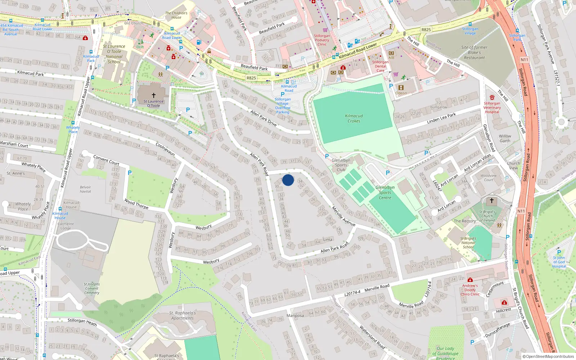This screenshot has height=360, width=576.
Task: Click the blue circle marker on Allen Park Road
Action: (288, 180)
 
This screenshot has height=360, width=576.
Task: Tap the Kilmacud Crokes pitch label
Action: (354, 118)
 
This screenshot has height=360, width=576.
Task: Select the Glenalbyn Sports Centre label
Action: (385, 193)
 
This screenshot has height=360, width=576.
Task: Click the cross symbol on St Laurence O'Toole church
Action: (154, 95)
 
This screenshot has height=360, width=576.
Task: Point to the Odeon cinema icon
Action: (401, 87)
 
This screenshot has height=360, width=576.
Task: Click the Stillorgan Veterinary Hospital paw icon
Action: (492, 98)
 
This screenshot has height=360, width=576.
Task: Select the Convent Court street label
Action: (106, 160)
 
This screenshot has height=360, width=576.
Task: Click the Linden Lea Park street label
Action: (441, 118)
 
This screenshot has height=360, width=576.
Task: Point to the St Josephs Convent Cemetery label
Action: (92, 288)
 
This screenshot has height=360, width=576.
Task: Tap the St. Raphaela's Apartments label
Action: (183, 315)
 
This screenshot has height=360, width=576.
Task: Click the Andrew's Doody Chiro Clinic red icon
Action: (470, 280)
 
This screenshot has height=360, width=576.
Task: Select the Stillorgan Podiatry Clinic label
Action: (322, 40)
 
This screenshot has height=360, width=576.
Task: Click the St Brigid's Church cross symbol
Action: (491, 201)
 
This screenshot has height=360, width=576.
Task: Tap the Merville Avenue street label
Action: (343, 216)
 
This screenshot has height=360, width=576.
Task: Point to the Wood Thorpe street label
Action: (136, 204)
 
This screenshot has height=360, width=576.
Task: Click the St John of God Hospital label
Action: (559, 262)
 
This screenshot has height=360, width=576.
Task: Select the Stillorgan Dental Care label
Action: (381, 66)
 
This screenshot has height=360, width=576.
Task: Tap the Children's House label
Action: (176, 15)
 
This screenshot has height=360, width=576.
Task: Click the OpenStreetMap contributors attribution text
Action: (548, 357)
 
